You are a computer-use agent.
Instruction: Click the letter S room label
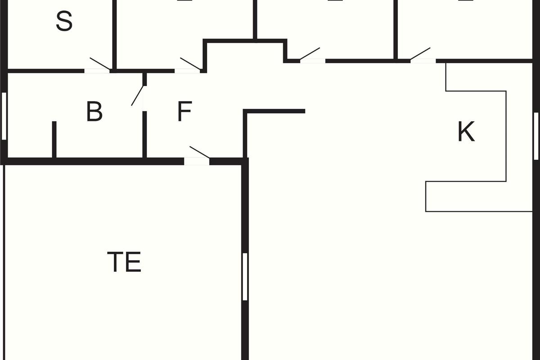64,21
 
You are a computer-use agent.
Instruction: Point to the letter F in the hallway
184,112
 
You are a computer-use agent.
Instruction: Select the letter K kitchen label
466,132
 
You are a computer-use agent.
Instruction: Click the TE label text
124,262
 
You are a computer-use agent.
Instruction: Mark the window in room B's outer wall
4,116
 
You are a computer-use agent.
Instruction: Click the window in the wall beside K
536,136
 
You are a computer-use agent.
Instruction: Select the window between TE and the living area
245,276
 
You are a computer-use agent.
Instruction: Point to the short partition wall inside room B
54,139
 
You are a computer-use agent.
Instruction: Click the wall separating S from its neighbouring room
114,34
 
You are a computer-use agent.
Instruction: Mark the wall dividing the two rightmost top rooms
396,29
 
